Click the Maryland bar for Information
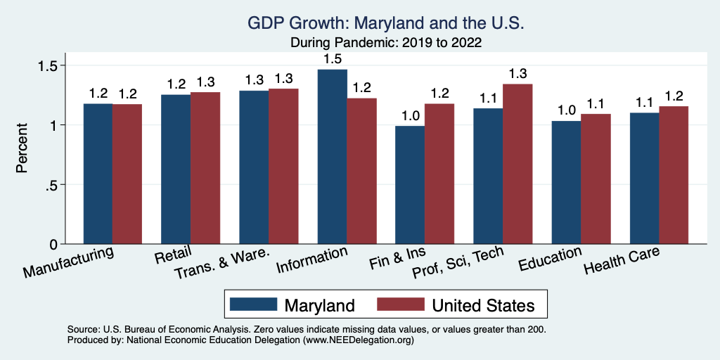pos(332,157)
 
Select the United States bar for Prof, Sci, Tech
pos(517,164)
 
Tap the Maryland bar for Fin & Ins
pos(410,185)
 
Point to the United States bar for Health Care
pos(674,175)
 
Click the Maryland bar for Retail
pos(176,169)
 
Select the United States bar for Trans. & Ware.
pos(283,166)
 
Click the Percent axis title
pos(22,148)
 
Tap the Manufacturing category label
pos(68,262)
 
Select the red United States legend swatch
pos(401,304)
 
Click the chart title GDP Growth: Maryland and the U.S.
pos(386,23)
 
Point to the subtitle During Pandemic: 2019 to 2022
pos(386,42)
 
